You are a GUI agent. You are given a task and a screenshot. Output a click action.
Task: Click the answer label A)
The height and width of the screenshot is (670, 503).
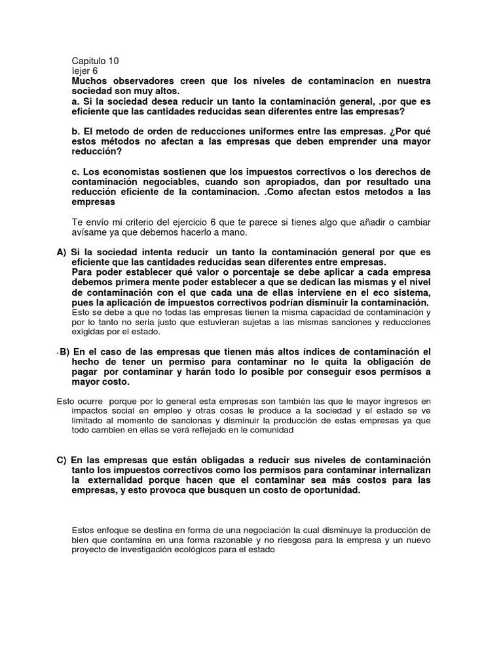click(x=62, y=253)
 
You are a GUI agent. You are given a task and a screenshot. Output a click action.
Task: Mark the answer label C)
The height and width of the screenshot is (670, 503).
click(x=62, y=461)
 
